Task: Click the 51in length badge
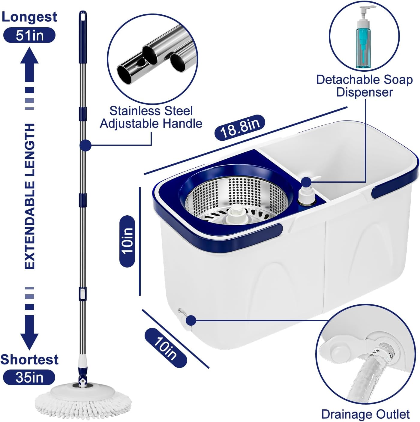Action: coord(29,35)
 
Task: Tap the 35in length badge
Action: coord(29,377)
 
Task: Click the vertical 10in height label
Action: coord(127,241)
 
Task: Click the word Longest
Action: coord(29,17)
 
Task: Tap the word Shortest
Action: coord(29,359)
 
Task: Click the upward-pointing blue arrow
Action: coord(29,66)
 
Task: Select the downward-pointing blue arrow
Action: coord(29,331)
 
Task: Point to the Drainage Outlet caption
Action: coord(365,414)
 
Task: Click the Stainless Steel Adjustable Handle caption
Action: coord(151,117)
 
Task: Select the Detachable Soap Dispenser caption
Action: coord(364,86)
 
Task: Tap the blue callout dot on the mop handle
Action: coord(85,145)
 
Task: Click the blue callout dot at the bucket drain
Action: coord(191,321)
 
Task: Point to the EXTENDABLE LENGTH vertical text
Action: coord(29,196)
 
